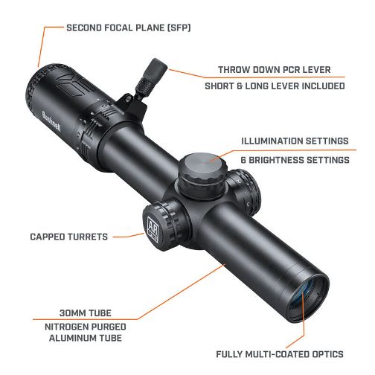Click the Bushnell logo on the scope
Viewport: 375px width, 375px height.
[x=51, y=122]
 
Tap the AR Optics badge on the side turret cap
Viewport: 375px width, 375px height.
[x=153, y=228]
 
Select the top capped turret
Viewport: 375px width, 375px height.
[x=202, y=173]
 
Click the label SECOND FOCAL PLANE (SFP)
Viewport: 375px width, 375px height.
[x=129, y=28]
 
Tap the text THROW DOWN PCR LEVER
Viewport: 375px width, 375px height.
[x=275, y=70]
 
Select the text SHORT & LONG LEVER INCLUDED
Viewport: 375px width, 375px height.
[x=275, y=86]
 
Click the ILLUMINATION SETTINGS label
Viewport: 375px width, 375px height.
[x=295, y=141]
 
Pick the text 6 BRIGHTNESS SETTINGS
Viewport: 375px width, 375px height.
[x=295, y=160]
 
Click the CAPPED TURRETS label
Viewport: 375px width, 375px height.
[x=69, y=237]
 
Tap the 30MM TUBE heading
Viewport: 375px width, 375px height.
[x=86, y=313]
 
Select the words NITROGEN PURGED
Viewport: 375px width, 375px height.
[x=86, y=327]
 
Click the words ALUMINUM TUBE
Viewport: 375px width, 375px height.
[x=86, y=338]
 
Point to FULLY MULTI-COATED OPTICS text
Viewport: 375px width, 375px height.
[x=280, y=354]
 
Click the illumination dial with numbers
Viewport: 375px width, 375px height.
[x=244, y=192]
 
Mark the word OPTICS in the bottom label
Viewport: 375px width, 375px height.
[x=327, y=354]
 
